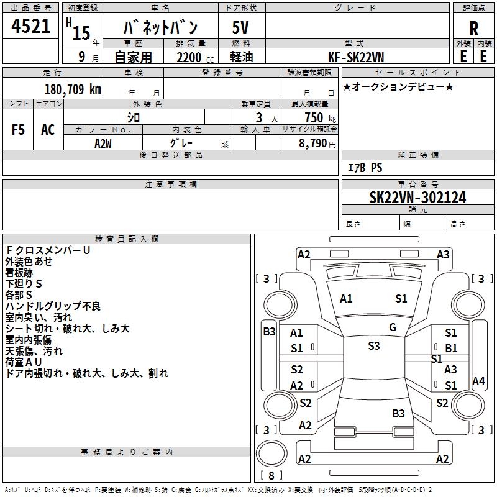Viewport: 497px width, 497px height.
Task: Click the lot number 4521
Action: coord(31,26)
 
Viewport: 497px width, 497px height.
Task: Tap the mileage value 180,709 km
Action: coord(73,89)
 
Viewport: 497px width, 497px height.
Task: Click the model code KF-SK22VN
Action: coord(356,57)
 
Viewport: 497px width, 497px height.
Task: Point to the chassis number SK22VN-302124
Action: coord(417,198)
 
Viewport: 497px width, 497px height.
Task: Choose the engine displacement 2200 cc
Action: coord(191,57)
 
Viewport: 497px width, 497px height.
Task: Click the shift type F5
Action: coord(19,130)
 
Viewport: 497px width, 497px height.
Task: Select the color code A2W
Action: coord(103,143)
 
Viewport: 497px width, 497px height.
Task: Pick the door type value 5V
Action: coord(242,27)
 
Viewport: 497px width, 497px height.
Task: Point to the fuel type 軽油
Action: coord(242,57)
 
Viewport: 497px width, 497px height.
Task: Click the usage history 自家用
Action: coord(133,57)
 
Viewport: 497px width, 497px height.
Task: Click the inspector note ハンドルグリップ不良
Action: coord(53,306)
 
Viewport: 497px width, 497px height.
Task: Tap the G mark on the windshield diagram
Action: coord(393,327)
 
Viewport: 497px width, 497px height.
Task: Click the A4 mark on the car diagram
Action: coord(478,381)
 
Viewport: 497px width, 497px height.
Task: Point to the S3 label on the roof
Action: coord(373,346)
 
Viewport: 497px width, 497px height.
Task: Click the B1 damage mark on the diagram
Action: coord(450,349)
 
